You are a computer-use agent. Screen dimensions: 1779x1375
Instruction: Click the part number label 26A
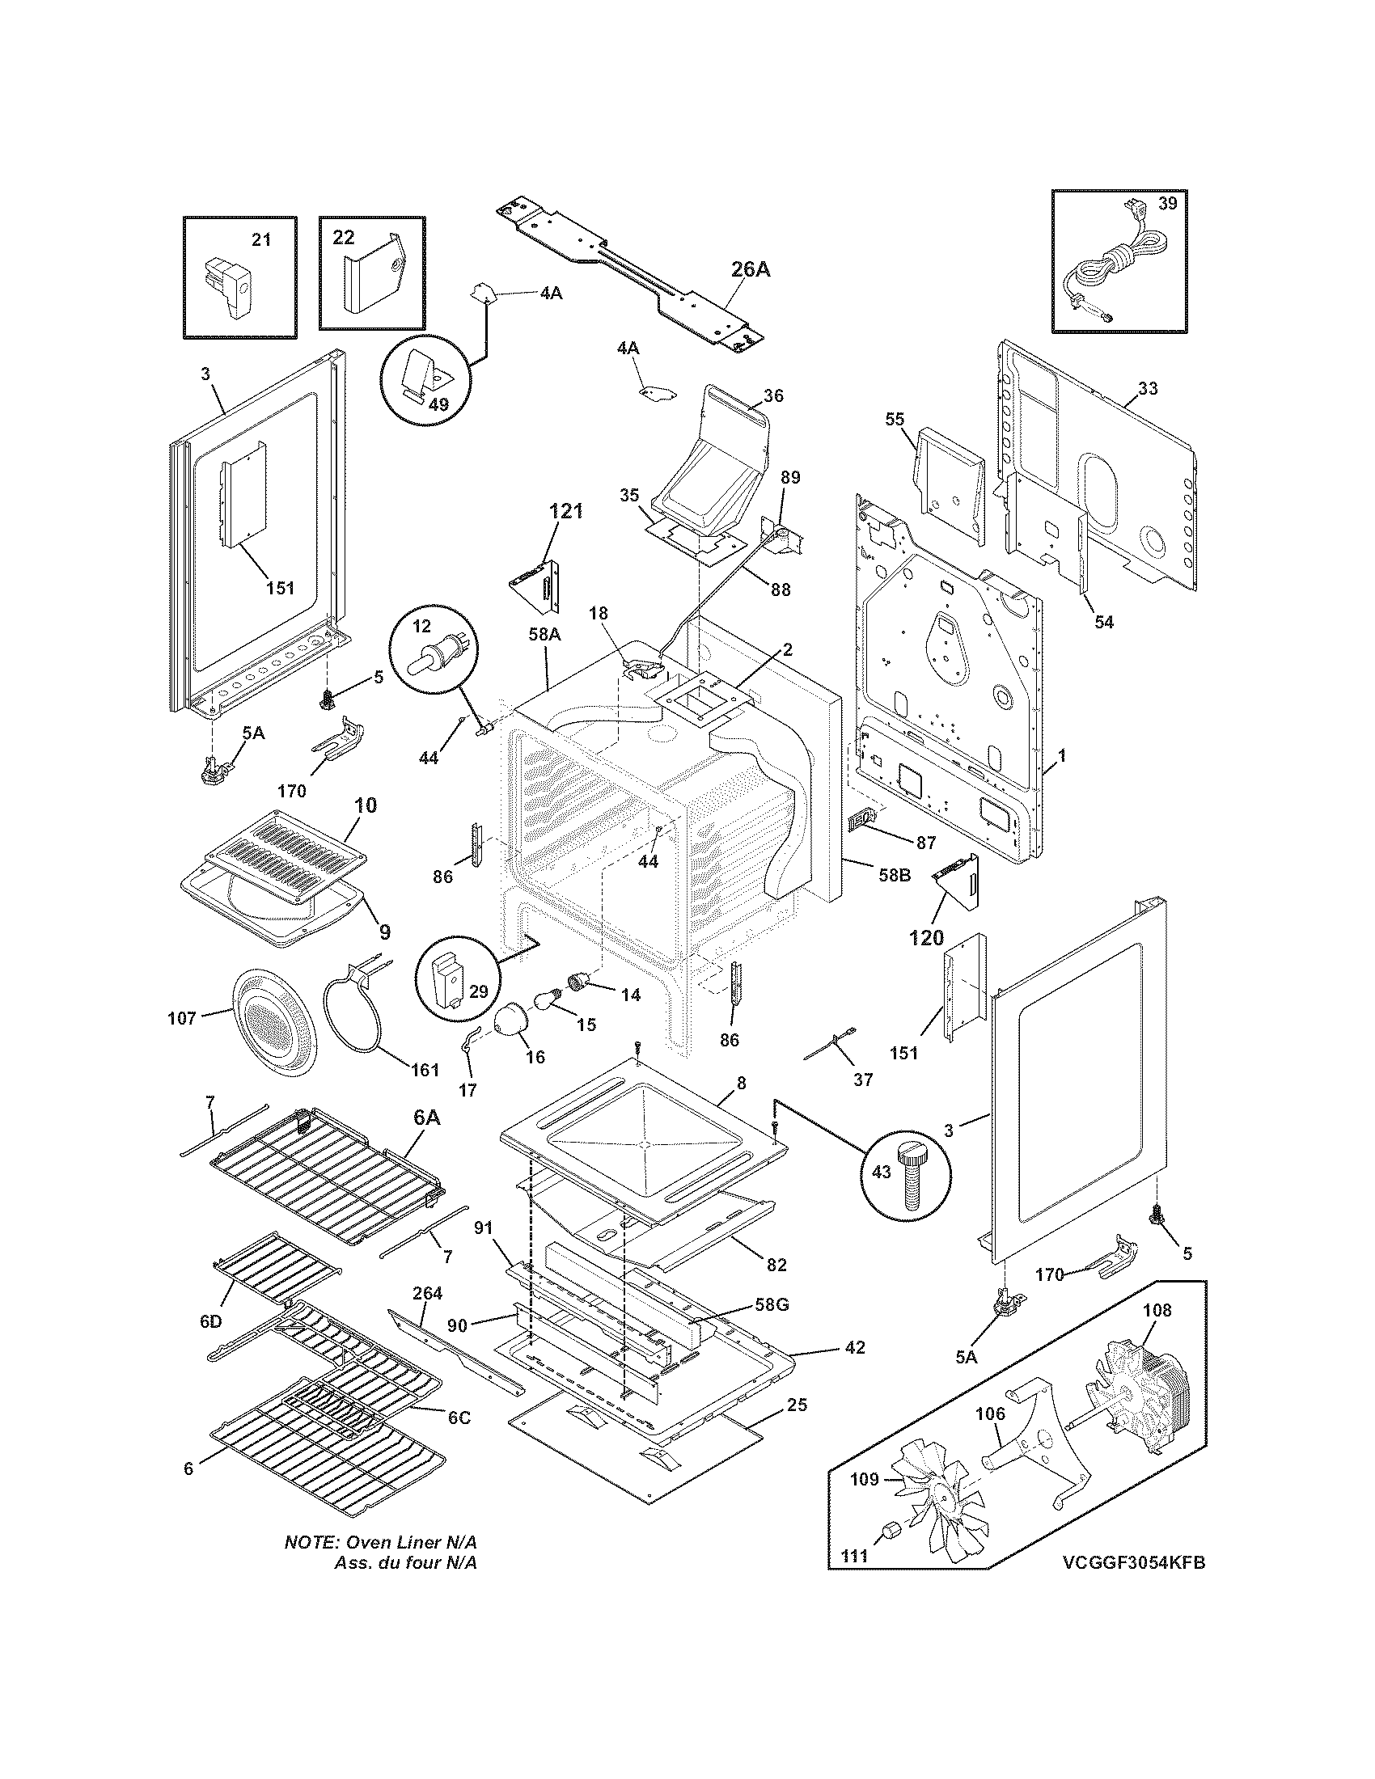(750, 269)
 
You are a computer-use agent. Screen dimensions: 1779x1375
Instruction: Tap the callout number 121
(566, 511)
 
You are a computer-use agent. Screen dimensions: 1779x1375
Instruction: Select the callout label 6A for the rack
(427, 1118)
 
